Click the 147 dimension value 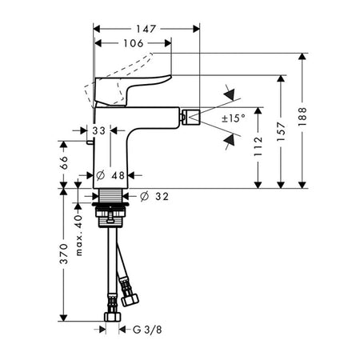click(146, 29)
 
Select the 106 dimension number click(134, 43)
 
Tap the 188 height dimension click(302, 117)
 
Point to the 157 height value click(281, 131)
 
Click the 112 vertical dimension click(258, 146)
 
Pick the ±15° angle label click(234, 118)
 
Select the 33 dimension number click(99, 130)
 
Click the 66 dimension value click(63, 162)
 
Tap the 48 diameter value click(118, 175)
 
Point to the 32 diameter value click(162, 197)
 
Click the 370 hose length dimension click(63, 254)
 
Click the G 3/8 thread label click(147, 330)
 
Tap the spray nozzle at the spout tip click(192, 117)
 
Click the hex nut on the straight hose click(112, 317)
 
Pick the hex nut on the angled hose click(130, 299)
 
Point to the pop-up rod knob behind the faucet click(90, 142)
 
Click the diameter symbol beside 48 click(100, 175)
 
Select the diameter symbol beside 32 click(144, 197)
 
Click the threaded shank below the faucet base click(110, 195)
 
